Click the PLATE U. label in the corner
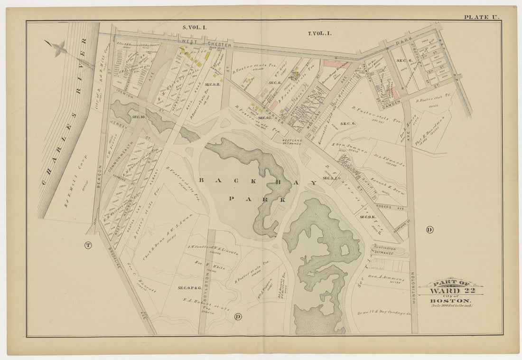coord(481,17)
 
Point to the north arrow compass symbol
coord(57,48)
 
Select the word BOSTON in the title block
coord(450,301)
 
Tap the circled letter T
coord(88,245)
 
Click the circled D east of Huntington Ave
coord(429,230)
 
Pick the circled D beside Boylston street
coord(238,316)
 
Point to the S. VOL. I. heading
coord(195,28)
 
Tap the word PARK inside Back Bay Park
coord(257,199)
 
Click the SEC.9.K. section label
coord(368,217)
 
